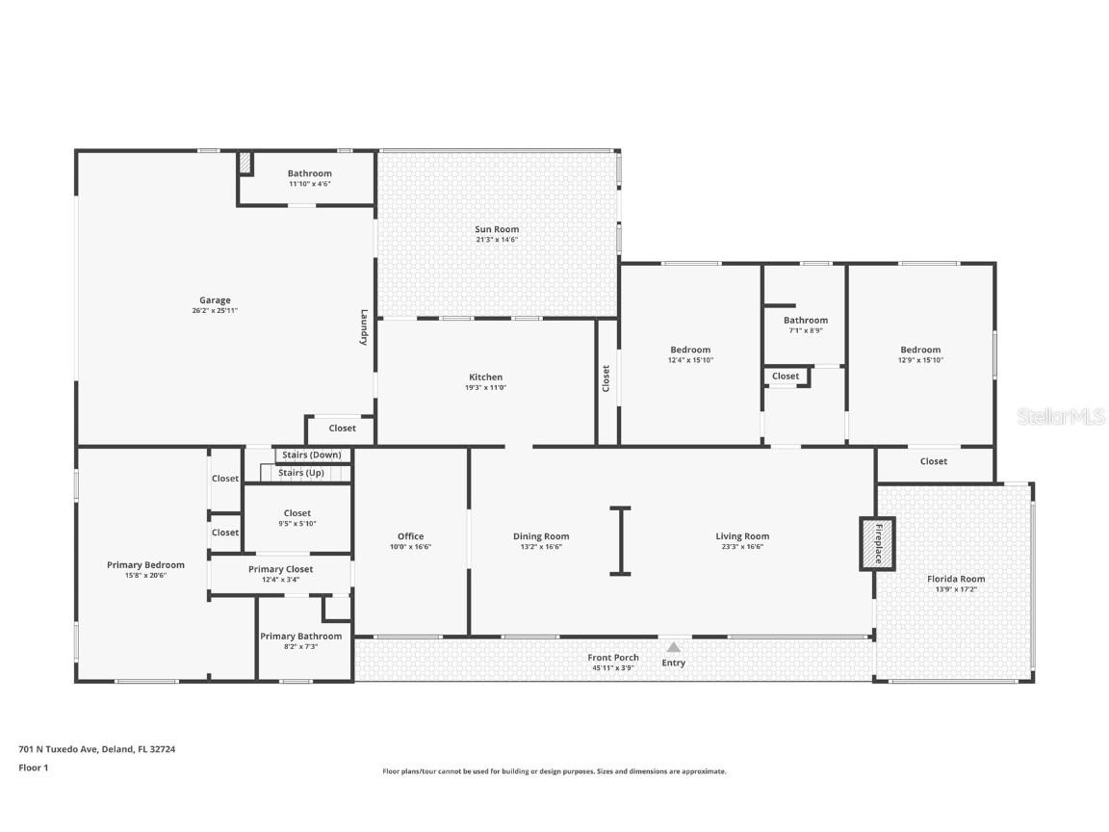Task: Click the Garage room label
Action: tap(215, 300)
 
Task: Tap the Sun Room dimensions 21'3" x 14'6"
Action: tap(497, 240)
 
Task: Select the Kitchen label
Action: tap(486, 377)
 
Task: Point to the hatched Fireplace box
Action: tap(878, 543)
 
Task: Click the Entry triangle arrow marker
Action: tap(674, 647)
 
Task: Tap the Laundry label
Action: tap(364, 326)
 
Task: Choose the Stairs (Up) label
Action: tap(301, 473)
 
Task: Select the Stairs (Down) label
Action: tap(312, 455)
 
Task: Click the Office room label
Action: tap(411, 536)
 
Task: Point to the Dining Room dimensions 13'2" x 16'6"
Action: tap(541, 547)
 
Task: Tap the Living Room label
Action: tap(742, 536)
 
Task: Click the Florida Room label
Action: tap(956, 579)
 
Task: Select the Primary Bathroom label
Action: tap(301, 636)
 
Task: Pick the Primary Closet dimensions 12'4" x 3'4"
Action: tap(281, 580)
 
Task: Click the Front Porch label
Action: tap(613, 658)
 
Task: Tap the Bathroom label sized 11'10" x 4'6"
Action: tap(310, 173)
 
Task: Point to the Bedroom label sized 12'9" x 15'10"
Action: tap(921, 350)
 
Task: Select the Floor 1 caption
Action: tap(34, 767)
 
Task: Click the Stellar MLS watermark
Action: tap(1061, 417)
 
